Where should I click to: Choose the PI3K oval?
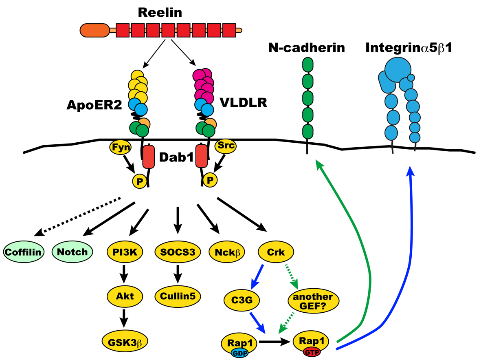(125, 252)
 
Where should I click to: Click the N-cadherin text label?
(306, 48)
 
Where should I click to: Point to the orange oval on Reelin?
(94, 30)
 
